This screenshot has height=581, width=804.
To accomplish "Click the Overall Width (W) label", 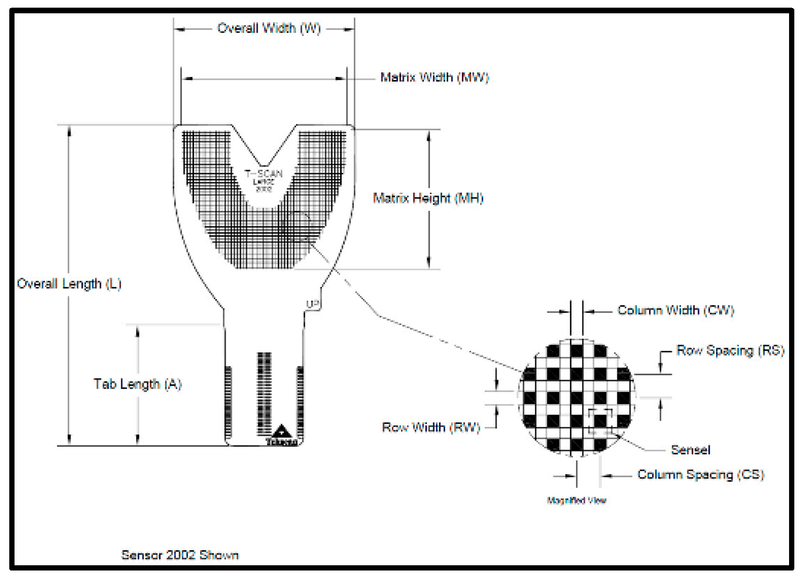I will click(x=269, y=29).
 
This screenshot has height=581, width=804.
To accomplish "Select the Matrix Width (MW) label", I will click(x=434, y=77).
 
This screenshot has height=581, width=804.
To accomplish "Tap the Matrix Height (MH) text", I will click(x=428, y=198).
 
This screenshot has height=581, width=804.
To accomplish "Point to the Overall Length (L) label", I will click(x=69, y=284).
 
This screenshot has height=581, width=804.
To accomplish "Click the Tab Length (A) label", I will click(x=138, y=384).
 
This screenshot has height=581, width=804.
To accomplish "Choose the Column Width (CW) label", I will click(x=676, y=310).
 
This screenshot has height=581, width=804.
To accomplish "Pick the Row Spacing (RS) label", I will click(x=730, y=351).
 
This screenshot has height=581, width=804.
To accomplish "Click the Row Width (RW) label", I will click(x=431, y=427).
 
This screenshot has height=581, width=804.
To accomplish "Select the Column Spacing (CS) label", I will click(x=701, y=475).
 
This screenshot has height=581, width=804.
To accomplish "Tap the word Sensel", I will click(x=690, y=450).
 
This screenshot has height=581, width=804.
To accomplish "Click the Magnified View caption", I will click(x=576, y=501).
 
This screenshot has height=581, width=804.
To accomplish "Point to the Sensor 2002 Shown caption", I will click(x=180, y=555).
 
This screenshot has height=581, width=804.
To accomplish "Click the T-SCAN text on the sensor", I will click(x=264, y=174).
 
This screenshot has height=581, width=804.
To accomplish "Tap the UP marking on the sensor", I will click(x=313, y=304).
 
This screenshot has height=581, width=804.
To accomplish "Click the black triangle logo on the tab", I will click(x=282, y=432).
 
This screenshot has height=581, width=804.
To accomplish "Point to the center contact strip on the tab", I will click(x=264, y=393).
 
